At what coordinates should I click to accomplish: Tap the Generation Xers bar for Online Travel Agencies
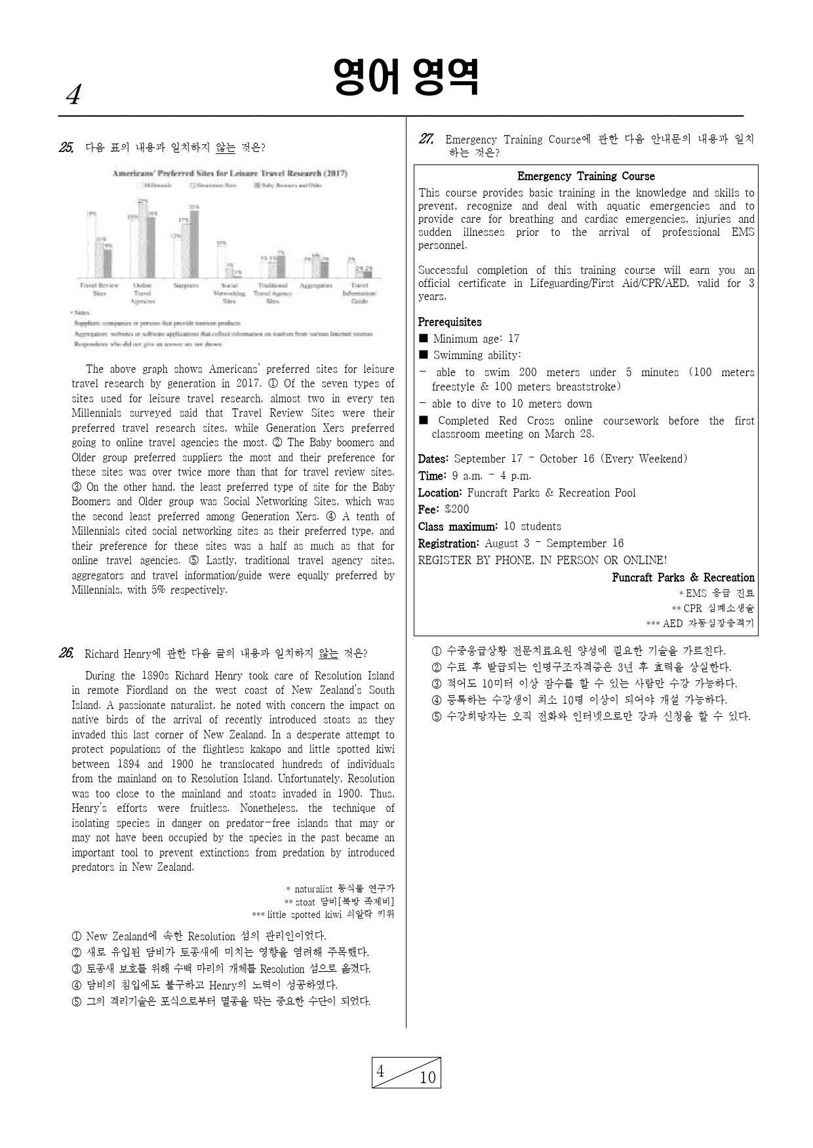click(143, 240)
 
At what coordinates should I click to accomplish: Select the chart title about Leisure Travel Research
click(229, 174)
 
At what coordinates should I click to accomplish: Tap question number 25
click(66, 147)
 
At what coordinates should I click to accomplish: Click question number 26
click(66, 653)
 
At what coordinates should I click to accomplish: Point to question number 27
click(426, 139)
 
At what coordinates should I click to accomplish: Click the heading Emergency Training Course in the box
click(585, 176)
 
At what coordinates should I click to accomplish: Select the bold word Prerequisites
click(450, 322)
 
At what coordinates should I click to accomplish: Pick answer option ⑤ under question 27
click(590, 716)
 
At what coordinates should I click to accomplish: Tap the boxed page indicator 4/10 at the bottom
click(406, 1073)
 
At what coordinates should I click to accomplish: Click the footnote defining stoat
click(339, 902)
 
